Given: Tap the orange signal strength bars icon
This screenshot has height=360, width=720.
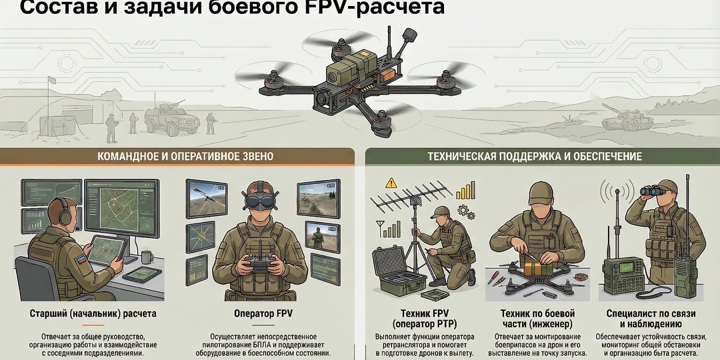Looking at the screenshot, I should click(465, 190).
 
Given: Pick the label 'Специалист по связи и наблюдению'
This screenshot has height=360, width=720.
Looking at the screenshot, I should click(652, 318).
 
